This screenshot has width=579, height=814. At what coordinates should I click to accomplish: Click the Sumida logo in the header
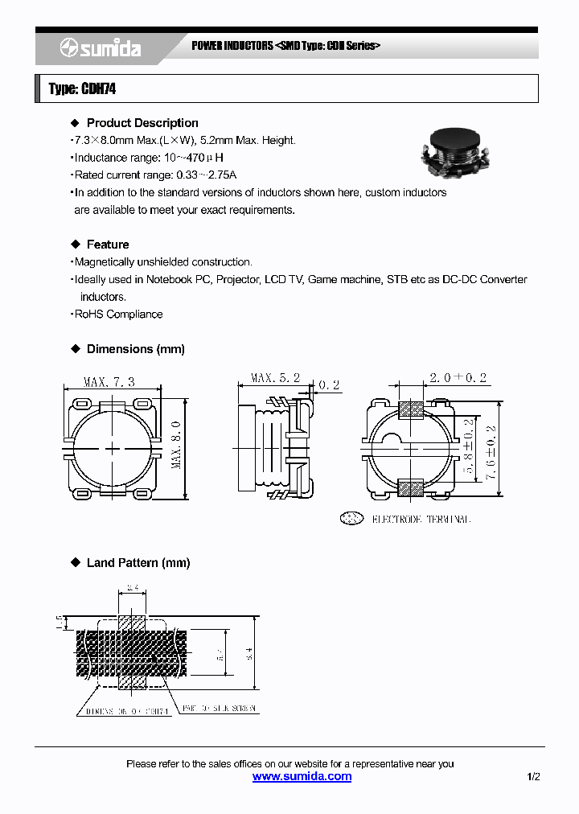click(x=101, y=48)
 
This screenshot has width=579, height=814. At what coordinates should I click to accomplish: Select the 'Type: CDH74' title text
click(x=82, y=88)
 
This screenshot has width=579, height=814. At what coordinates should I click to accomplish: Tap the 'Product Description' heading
click(x=142, y=123)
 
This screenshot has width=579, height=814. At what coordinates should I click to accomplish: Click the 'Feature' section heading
click(x=108, y=245)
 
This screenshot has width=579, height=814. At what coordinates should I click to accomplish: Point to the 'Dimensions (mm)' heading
click(x=135, y=349)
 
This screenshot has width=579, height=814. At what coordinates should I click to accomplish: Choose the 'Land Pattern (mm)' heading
click(x=138, y=563)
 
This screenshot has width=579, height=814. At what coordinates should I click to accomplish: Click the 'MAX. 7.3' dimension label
click(x=109, y=382)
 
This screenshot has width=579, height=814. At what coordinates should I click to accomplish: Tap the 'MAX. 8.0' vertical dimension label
click(x=176, y=444)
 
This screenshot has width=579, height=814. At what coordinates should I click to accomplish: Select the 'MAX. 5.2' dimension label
click(x=275, y=378)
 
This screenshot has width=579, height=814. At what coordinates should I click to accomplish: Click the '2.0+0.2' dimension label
click(x=458, y=378)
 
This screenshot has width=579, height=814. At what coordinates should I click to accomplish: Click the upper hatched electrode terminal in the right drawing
click(x=412, y=410)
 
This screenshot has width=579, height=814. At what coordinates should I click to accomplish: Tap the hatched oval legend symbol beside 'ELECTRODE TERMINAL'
click(x=351, y=519)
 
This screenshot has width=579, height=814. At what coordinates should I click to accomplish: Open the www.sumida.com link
click(x=302, y=776)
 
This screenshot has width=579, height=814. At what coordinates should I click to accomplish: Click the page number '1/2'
click(x=533, y=777)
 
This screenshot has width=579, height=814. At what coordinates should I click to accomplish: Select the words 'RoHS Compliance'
click(x=118, y=314)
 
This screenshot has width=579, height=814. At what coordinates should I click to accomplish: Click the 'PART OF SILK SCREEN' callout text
click(x=218, y=709)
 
